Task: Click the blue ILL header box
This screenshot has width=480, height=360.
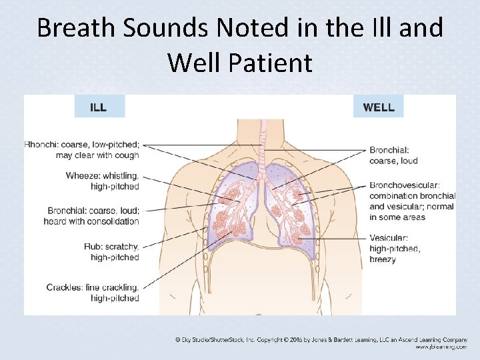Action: (x=99, y=107)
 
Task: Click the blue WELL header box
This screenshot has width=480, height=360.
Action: (x=378, y=107)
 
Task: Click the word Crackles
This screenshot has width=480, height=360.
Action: (x=64, y=287)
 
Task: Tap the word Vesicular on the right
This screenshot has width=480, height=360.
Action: (x=389, y=238)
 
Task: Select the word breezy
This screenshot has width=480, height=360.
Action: (x=382, y=259)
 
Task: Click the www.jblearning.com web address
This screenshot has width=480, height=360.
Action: (x=441, y=347)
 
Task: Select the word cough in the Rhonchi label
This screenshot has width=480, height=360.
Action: (x=125, y=155)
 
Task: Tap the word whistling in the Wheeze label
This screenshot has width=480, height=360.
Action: (x=122, y=176)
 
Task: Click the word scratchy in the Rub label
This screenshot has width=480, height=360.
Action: (x=122, y=246)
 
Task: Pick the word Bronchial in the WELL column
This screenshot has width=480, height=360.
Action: (x=389, y=150)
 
